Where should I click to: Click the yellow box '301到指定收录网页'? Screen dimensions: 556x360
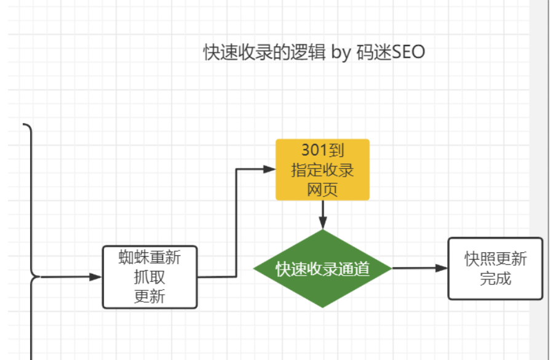click(323, 169)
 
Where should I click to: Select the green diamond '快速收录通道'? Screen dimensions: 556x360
click(323, 268)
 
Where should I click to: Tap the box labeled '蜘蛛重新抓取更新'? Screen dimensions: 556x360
click(149, 277)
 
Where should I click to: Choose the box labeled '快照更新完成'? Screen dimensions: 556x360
click(495, 268)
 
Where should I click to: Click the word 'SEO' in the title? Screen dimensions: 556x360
click(408, 52)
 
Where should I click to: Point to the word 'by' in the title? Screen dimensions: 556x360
click(341, 53)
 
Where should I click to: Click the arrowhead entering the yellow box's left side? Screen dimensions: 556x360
click(269, 169)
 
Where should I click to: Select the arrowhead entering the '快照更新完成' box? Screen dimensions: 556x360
click(442, 268)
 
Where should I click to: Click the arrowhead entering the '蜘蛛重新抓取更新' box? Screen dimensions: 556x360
click(96, 277)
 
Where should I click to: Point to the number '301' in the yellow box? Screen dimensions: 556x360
click(312, 150)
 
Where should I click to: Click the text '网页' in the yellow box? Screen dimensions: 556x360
click(322, 190)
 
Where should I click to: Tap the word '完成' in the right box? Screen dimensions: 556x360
click(495, 278)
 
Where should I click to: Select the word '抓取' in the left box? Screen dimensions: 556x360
click(149, 277)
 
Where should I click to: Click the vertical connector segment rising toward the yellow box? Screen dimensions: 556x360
click(237, 223)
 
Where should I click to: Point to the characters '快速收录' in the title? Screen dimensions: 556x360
click(238, 52)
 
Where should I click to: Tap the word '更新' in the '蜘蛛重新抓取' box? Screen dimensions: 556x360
click(149, 297)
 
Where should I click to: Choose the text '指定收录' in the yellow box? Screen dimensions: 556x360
click(322, 170)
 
